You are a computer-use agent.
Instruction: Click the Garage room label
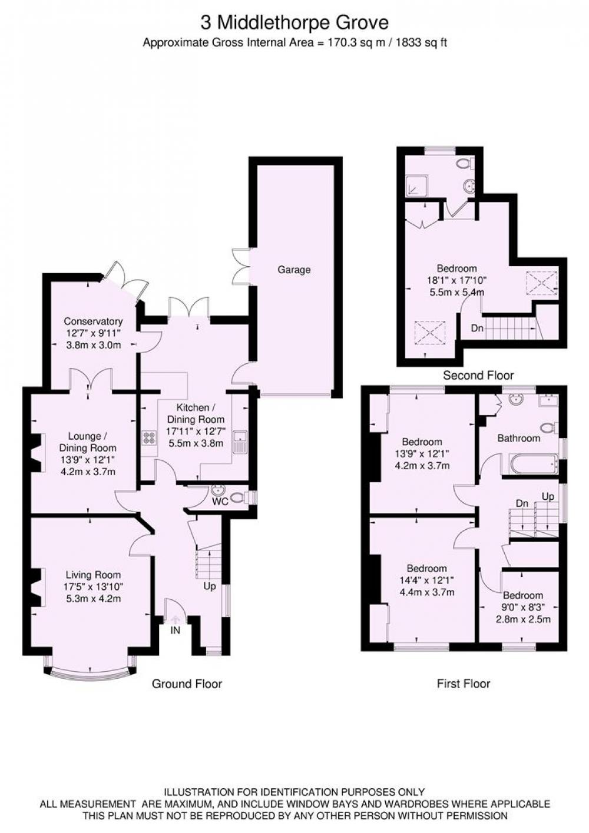pyautogui.click(x=294, y=270)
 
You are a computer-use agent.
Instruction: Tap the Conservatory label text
pyautogui.click(x=93, y=321)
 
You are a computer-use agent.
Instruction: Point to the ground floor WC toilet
pyautogui.click(x=240, y=497)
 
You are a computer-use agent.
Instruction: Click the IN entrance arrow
pyautogui.click(x=176, y=619)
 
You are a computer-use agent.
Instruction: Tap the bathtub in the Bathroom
pyautogui.click(x=530, y=464)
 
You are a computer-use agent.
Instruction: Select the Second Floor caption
pyautogui.click(x=478, y=375)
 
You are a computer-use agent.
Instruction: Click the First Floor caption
pyautogui.click(x=464, y=683)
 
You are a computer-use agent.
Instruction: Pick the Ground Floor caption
pyautogui.click(x=187, y=683)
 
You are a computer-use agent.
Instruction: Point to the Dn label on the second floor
pyautogui.click(x=477, y=328)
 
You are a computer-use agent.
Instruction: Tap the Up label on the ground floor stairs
pyautogui.click(x=210, y=586)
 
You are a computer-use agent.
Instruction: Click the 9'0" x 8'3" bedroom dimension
pyautogui.click(x=523, y=608)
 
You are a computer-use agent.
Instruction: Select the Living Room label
pyautogui.click(x=93, y=575)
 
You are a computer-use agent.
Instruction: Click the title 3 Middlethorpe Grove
pyautogui.click(x=294, y=23)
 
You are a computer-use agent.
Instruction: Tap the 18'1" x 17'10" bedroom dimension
pyautogui.click(x=457, y=280)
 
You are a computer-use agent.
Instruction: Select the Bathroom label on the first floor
pyautogui.click(x=519, y=438)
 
